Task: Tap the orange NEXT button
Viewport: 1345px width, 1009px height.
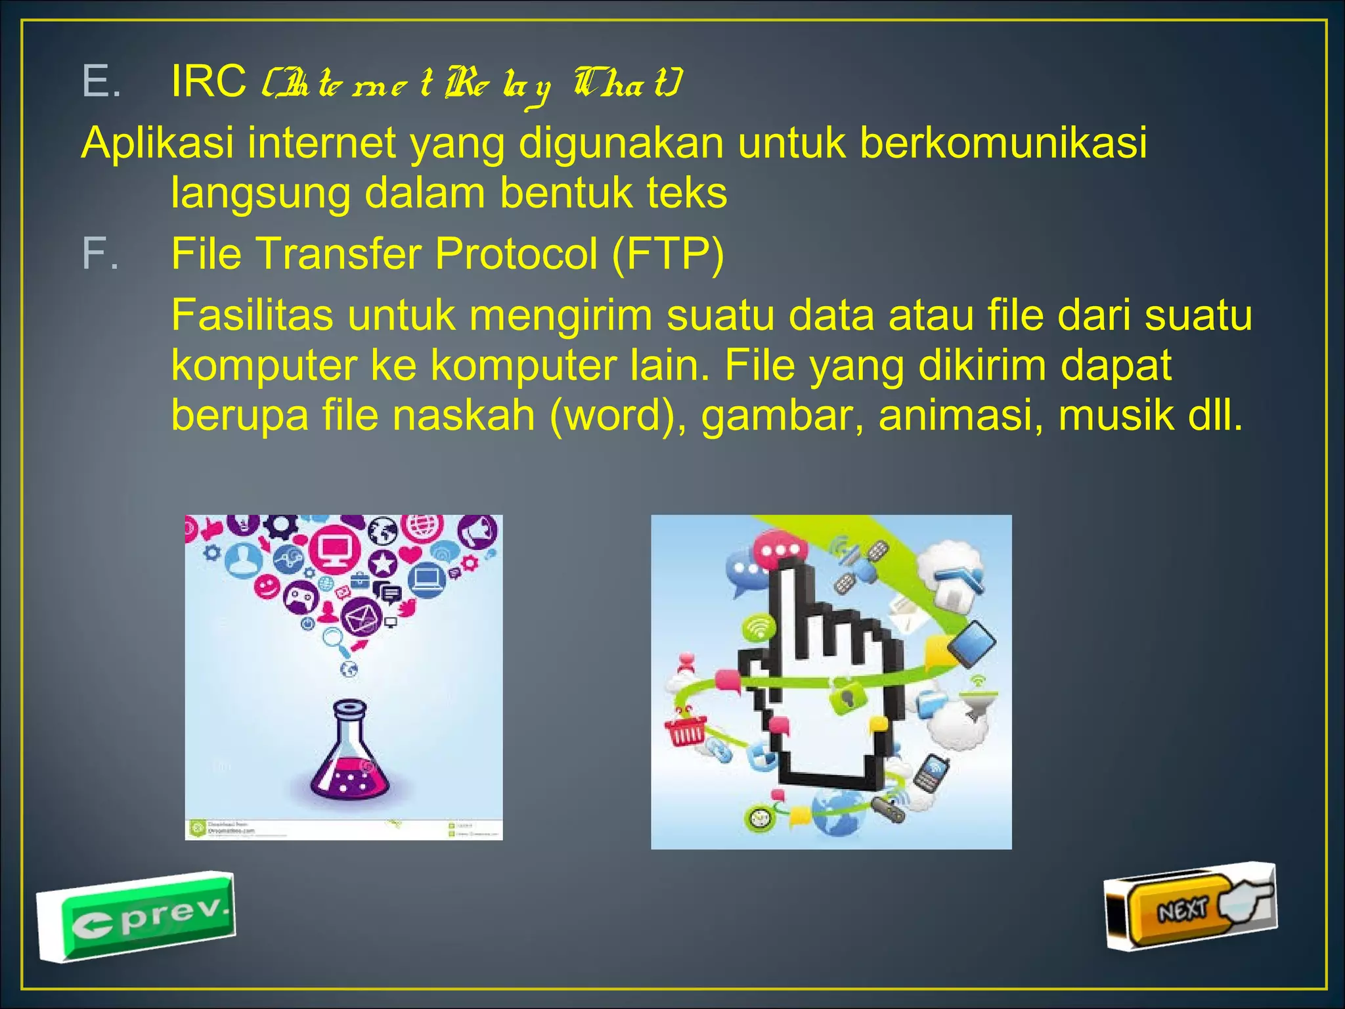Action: (x=1179, y=910)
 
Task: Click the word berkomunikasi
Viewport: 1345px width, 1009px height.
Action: (x=1003, y=143)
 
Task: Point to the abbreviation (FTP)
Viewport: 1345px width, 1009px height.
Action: (x=667, y=254)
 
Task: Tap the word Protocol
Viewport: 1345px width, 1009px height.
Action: (x=516, y=254)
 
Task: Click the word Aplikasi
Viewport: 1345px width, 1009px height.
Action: (x=157, y=143)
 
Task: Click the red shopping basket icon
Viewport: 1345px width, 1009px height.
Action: (x=685, y=729)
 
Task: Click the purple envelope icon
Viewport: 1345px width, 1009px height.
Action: (x=361, y=616)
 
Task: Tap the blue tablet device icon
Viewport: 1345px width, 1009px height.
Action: (x=971, y=642)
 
